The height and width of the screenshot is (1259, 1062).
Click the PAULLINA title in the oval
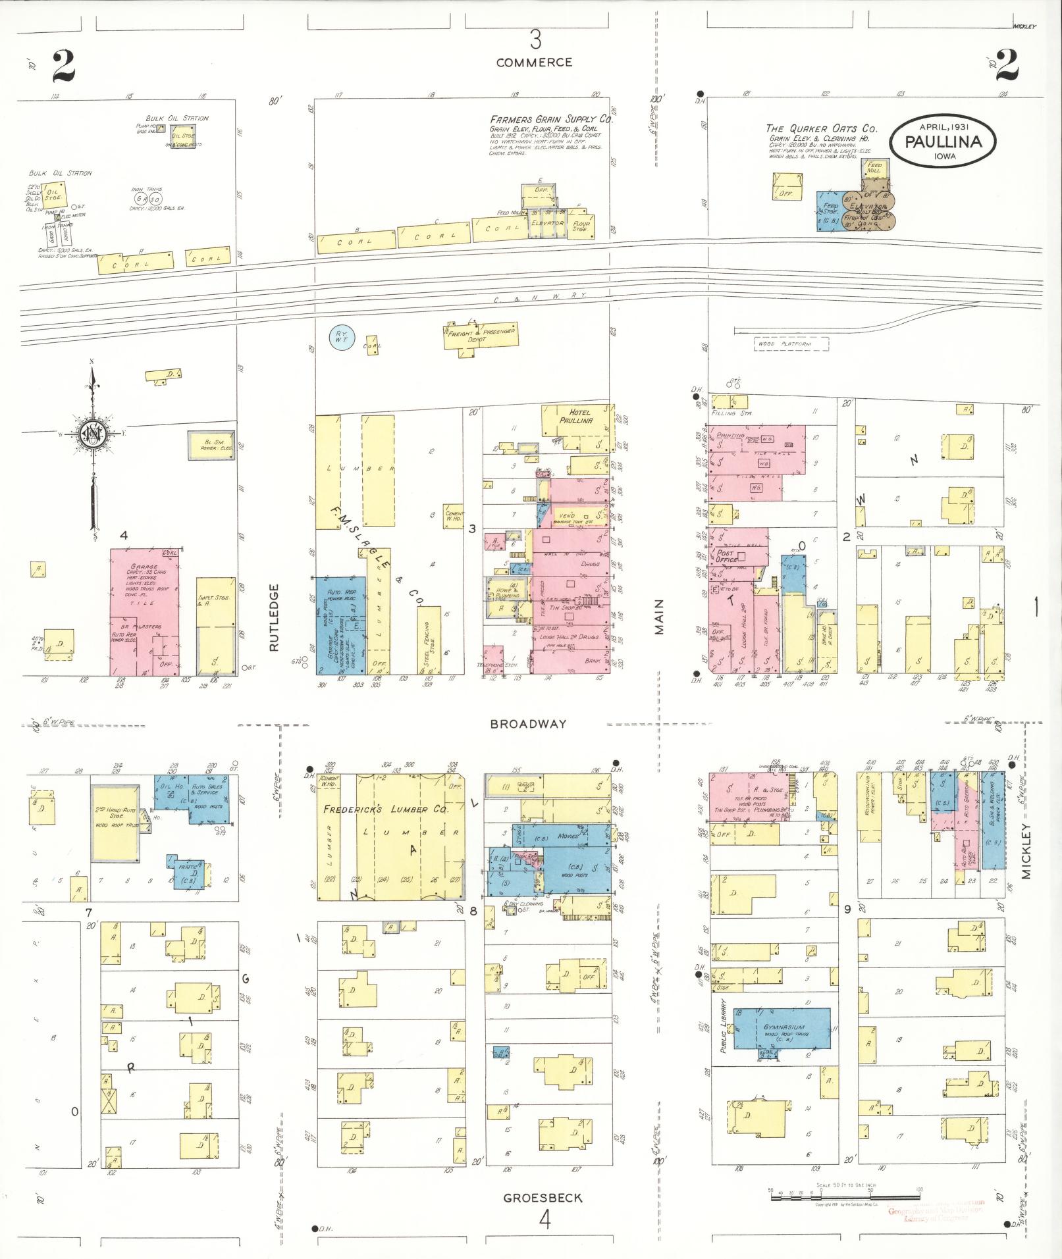pos(943,141)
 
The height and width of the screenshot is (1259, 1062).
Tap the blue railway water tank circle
pos(342,338)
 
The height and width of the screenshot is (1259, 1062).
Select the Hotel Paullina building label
pos(577,416)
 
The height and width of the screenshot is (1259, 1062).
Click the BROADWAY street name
pos(528,724)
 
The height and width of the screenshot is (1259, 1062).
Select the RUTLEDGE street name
pos(275,617)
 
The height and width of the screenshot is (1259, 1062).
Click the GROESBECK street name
pos(543,1198)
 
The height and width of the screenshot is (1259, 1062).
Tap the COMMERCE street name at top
pos(534,63)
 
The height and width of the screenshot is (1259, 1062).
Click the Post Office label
pos(730,556)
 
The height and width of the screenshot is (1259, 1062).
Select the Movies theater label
pos(568,836)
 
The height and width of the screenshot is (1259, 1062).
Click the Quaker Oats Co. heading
pos(821,129)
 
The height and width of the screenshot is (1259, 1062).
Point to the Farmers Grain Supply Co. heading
pos(551,120)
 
